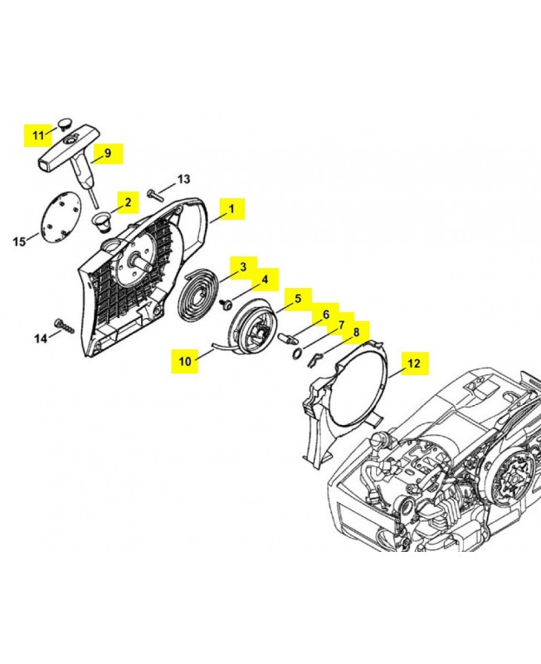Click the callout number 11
coord(38,135)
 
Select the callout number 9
coord(107,153)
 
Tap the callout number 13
coord(183,179)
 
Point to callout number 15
coord(19,242)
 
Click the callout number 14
coord(41,339)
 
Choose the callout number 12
coord(413,364)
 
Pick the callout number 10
coord(185,361)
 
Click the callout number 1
coord(232,209)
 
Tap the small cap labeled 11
coord(65,122)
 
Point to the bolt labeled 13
coord(156,195)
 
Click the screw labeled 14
coord(65,326)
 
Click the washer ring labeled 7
coord(296,354)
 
